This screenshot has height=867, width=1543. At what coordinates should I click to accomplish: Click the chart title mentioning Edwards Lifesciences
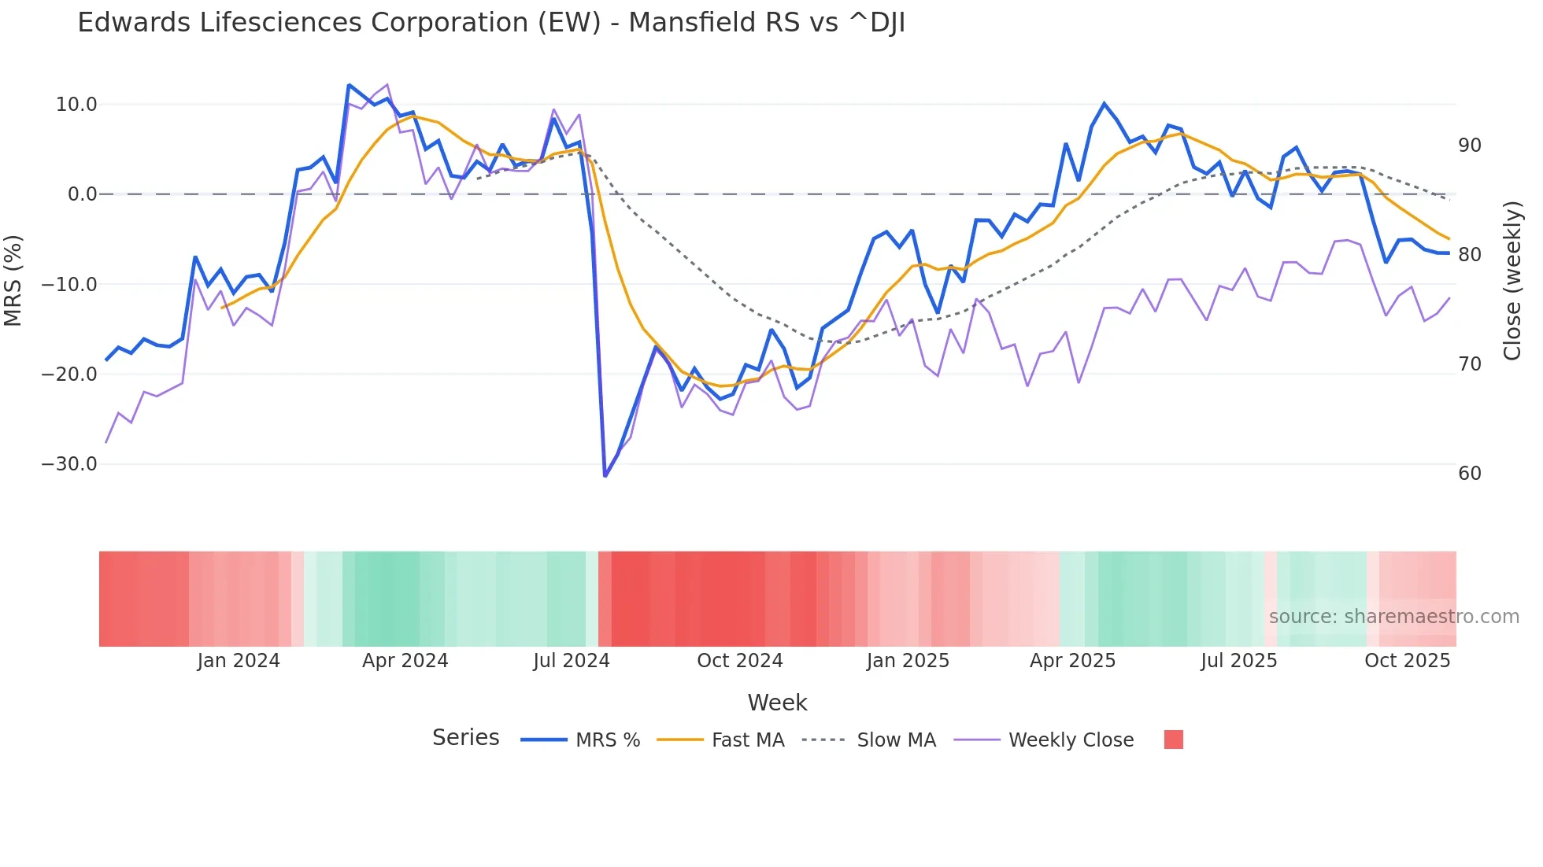point(491,23)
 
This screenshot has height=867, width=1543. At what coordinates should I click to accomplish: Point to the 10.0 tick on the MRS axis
point(76,105)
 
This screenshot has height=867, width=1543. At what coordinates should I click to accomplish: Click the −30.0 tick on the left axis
point(69,464)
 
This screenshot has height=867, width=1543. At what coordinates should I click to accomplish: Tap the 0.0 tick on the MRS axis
point(83,194)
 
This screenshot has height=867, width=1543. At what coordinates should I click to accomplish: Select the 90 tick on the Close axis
point(1469,146)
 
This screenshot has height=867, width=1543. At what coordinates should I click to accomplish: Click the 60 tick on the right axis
point(1469,474)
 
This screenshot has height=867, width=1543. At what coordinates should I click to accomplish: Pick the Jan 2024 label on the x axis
point(239,661)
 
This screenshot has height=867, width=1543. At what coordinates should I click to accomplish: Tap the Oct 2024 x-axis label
point(740,661)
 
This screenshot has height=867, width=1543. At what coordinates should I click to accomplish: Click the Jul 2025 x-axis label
point(1238,661)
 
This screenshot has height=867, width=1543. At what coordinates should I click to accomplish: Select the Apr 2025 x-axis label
point(1072,661)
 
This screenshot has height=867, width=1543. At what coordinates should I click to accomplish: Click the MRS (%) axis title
point(13,280)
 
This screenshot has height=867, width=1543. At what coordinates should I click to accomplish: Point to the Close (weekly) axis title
point(1512,281)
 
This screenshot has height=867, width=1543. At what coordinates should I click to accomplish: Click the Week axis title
point(777,703)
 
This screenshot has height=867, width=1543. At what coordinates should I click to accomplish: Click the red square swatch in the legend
point(1173,740)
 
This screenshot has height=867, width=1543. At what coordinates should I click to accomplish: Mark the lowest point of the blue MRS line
point(605,476)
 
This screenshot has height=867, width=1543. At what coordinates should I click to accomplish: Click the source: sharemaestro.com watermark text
point(1393,617)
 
